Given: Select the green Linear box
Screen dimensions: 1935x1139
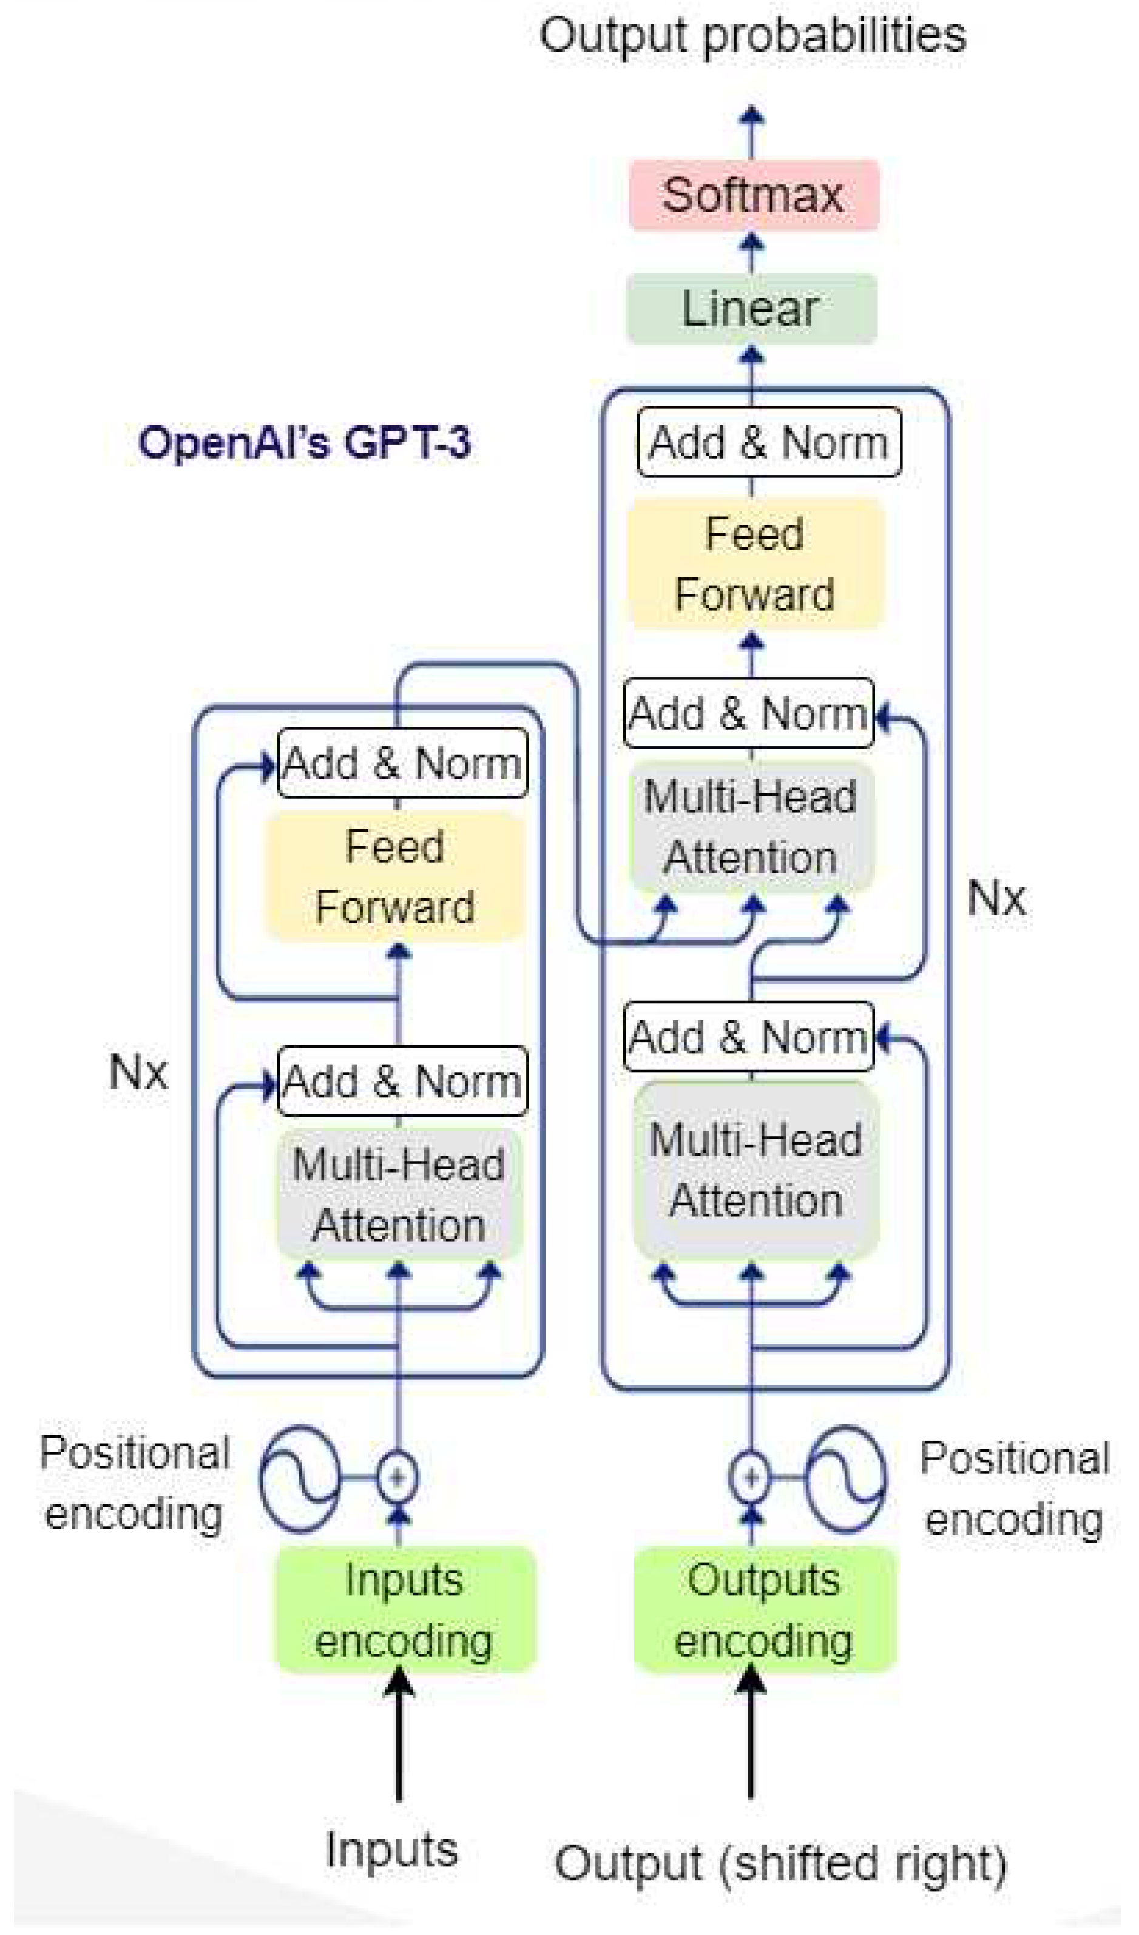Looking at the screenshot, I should (x=752, y=309).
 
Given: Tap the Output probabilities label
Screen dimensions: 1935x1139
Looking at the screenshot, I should (x=752, y=36).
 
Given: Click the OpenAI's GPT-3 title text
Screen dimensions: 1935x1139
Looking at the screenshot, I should (x=304, y=443).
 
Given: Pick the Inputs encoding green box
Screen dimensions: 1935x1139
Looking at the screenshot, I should (x=405, y=1609).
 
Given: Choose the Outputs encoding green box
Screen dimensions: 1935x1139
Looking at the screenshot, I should (x=764, y=1609).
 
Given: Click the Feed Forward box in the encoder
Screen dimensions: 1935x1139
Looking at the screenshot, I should (x=395, y=877).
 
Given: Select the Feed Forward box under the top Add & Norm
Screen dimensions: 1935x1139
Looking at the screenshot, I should (x=755, y=564).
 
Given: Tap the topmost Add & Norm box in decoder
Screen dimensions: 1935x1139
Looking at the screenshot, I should (x=769, y=443).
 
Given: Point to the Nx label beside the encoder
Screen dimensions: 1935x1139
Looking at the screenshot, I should (x=138, y=1072).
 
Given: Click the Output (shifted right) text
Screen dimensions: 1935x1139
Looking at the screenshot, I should (x=780, y=1863).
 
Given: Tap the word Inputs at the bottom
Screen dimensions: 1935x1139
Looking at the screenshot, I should (x=391, y=1851).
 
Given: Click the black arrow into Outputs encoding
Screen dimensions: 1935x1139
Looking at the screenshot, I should (x=751, y=1735).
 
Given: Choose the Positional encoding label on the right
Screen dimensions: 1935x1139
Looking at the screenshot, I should (x=1015, y=1488).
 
